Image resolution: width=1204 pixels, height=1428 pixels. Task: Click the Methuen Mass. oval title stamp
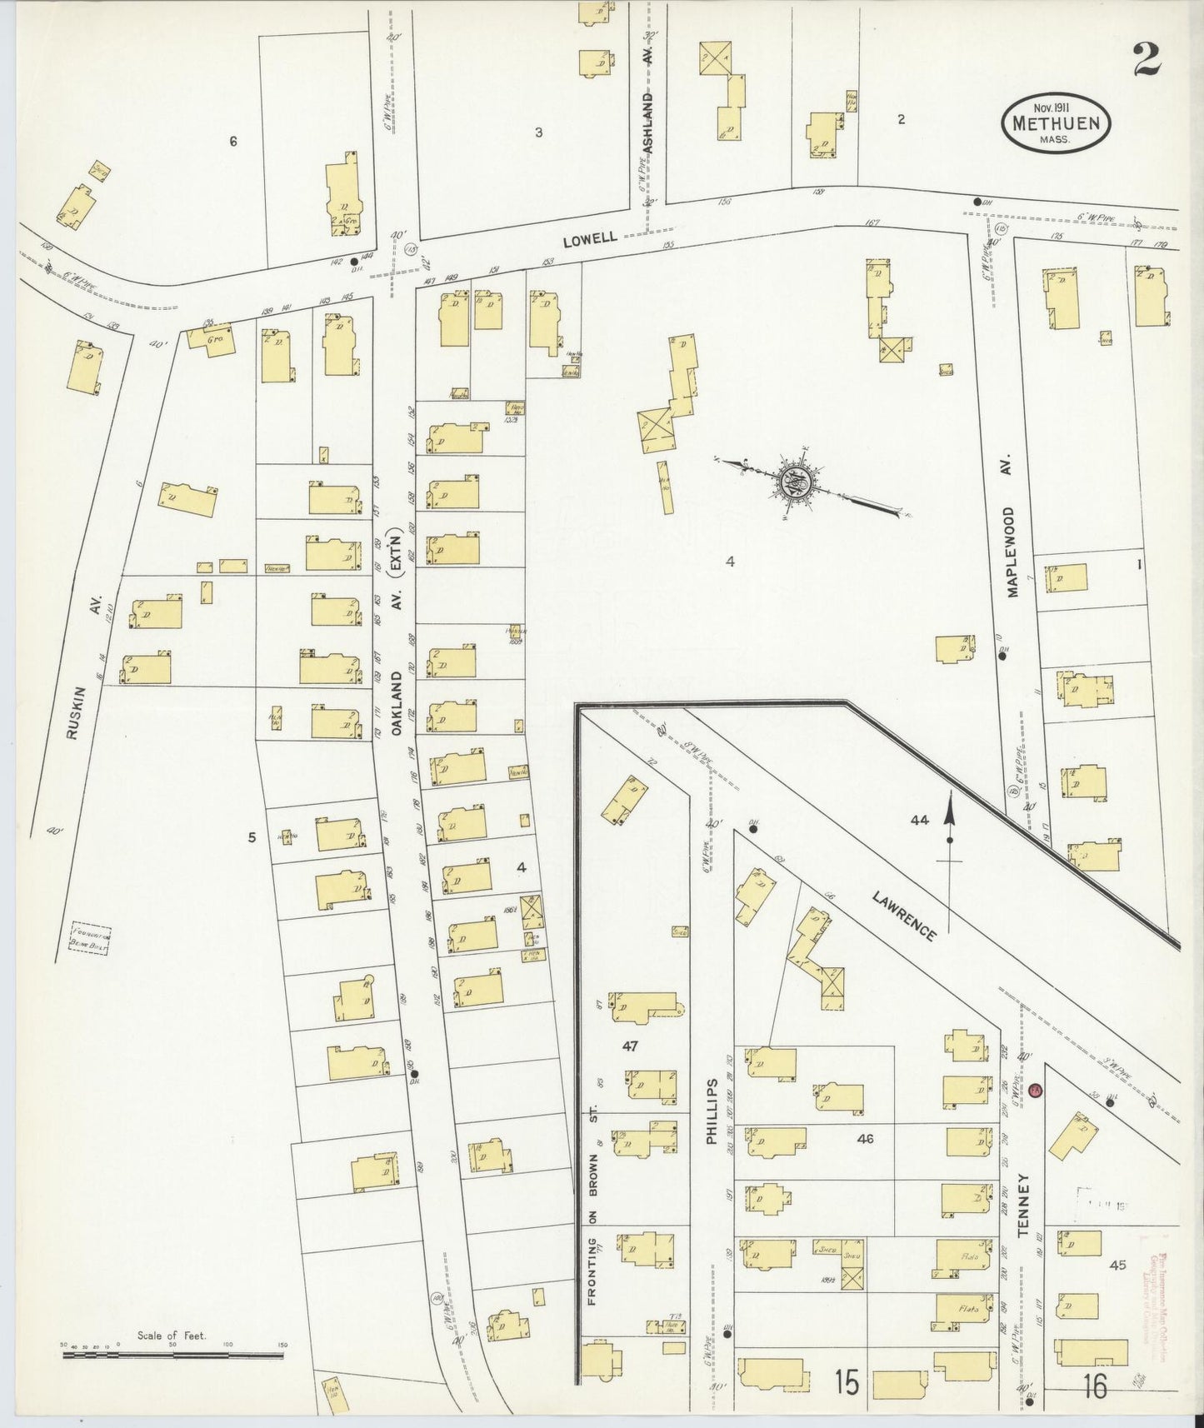pos(1056,122)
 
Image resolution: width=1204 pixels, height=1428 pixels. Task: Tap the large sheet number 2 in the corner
pos(1147,60)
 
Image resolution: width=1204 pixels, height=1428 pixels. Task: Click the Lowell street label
pos(589,238)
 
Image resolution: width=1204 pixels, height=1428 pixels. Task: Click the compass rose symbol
pos(788,481)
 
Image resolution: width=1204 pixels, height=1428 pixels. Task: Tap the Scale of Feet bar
pos(172,1356)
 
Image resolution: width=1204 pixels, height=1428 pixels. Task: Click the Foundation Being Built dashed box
pos(91,938)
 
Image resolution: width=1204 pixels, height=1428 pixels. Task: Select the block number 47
pos(630,1046)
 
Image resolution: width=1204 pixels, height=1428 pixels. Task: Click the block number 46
pos(865,1138)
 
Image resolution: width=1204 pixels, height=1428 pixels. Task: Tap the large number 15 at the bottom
pos(847,1384)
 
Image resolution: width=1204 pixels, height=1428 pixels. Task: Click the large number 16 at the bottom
pos(1095,1387)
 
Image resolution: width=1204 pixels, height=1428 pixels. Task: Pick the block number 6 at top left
pos(233,142)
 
